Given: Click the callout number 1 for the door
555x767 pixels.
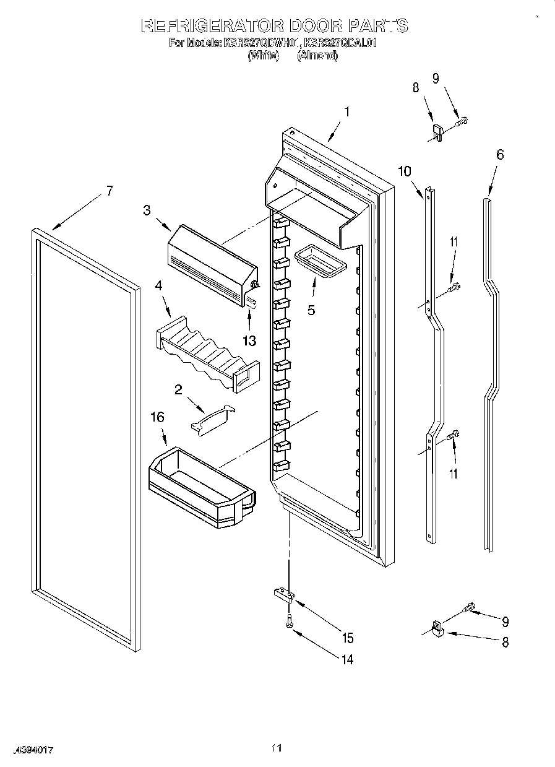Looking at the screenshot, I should pyautogui.click(x=347, y=112).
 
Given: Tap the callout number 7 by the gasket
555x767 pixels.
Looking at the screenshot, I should pyautogui.click(x=109, y=191).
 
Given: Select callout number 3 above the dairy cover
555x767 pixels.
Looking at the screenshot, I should pyautogui.click(x=147, y=210).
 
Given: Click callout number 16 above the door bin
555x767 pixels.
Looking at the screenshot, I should pyautogui.click(x=158, y=417).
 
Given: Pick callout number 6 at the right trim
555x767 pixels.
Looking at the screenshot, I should pyautogui.click(x=499, y=154).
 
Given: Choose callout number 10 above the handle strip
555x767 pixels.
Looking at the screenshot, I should pyautogui.click(x=405, y=171).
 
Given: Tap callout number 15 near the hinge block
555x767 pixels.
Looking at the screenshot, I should pyautogui.click(x=347, y=638).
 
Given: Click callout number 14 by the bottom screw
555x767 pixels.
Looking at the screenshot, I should pyautogui.click(x=347, y=660).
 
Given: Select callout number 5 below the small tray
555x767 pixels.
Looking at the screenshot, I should pyautogui.click(x=311, y=310).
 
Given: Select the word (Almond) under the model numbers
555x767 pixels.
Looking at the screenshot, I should pyautogui.click(x=317, y=56).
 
